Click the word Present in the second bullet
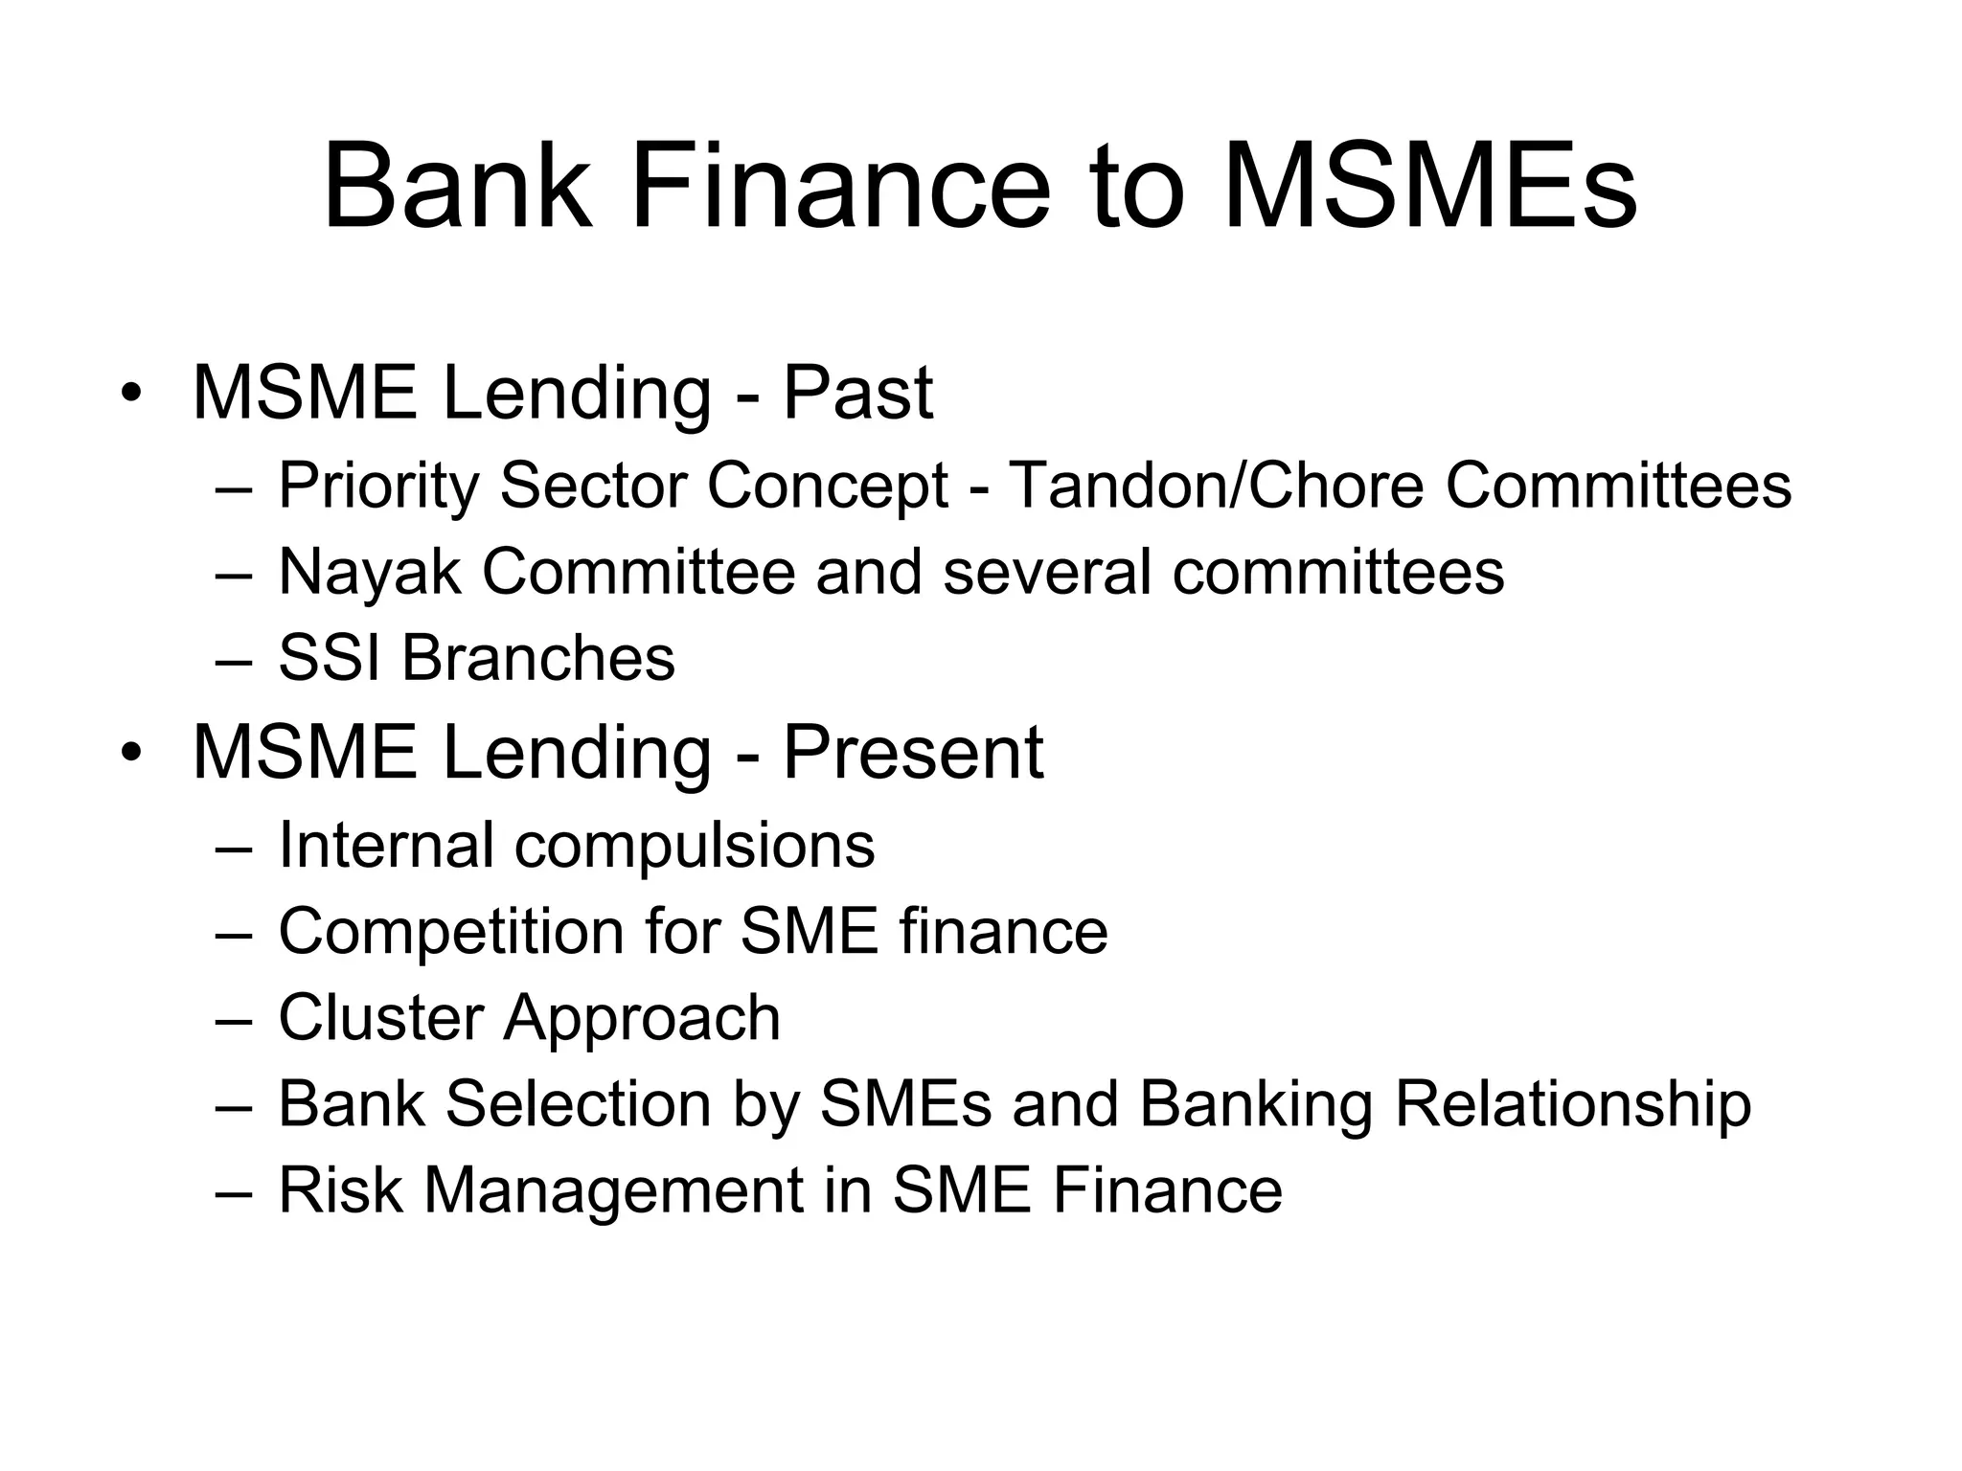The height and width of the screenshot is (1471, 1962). (x=912, y=753)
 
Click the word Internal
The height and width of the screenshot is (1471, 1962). (x=385, y=845)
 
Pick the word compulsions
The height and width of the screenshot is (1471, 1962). (x=695, y=847)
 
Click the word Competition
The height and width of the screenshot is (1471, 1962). (x=451, y=931)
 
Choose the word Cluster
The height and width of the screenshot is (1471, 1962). (x=380, y=1017)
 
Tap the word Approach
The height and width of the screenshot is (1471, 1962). (x=642, y=1019)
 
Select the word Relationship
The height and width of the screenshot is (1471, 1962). (x=1572, y=1105)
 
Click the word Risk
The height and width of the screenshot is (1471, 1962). (x=340, y=1190)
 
